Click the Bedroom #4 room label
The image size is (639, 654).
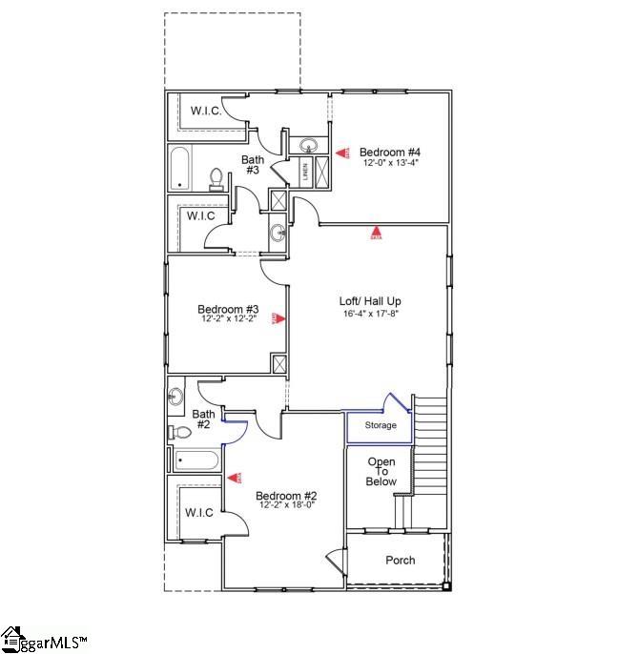[x=390, y=152]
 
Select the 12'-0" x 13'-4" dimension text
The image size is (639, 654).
[x=390, y=163]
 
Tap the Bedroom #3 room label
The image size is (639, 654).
[x=228, y=308]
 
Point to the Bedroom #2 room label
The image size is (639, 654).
[x=285, y=495]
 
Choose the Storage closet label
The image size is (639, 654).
[x=381, y=425]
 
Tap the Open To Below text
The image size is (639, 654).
[x=381, y=472]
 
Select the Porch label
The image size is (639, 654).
[x=401, y=560]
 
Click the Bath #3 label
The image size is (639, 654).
[x=253, y=165]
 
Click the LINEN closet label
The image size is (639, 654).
[x=305, y=173]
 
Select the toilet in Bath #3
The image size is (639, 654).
[x=216, y=178]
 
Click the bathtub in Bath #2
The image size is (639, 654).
[x=196, y=460]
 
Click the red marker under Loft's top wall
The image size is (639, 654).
[x=376, y=232]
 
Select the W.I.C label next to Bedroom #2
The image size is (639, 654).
[x=199, y=513]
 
